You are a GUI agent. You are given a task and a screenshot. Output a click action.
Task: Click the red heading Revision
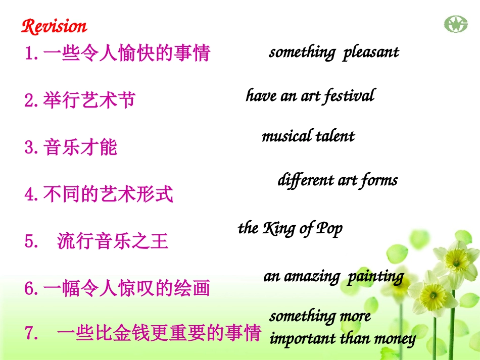click(x=54, y=26)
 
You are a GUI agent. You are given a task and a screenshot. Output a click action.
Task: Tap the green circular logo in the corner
click(x=456, y=24)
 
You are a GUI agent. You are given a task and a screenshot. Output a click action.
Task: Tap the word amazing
click(x=311, y=276)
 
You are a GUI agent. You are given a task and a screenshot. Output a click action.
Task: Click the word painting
click(x=375, y=277)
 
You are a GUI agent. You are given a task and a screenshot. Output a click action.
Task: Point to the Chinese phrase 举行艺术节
click(x=89, y=100)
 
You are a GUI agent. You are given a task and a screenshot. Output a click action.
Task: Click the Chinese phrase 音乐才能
click(x=80, y=147)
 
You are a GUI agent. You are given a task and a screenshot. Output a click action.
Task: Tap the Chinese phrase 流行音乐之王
click(x=113, y=242)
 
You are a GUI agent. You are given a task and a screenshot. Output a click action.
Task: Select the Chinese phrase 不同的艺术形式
click(x=108, y=194)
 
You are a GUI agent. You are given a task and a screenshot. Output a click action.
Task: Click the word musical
click(x=286, y=136)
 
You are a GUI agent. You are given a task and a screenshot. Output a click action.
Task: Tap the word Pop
click(x=329, y=229)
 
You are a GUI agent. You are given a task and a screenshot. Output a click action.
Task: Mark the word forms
click(x=378, y=181)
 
